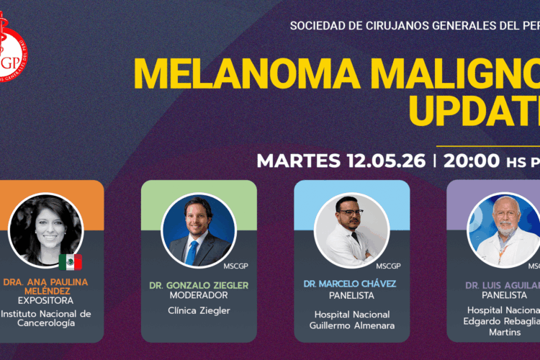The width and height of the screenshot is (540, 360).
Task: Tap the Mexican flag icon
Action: (70, 262)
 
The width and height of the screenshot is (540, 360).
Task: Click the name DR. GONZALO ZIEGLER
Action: (199, 285)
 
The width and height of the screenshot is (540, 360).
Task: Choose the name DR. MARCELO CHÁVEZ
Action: (351, 284)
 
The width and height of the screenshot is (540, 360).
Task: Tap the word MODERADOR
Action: (199, 296)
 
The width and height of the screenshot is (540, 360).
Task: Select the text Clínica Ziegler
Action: (199, 311)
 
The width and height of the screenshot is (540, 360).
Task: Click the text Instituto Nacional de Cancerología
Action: (45, 318)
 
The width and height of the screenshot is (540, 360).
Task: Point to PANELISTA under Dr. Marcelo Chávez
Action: (351, 295)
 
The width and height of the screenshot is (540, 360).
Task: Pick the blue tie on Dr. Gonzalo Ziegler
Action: (192, 253)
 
